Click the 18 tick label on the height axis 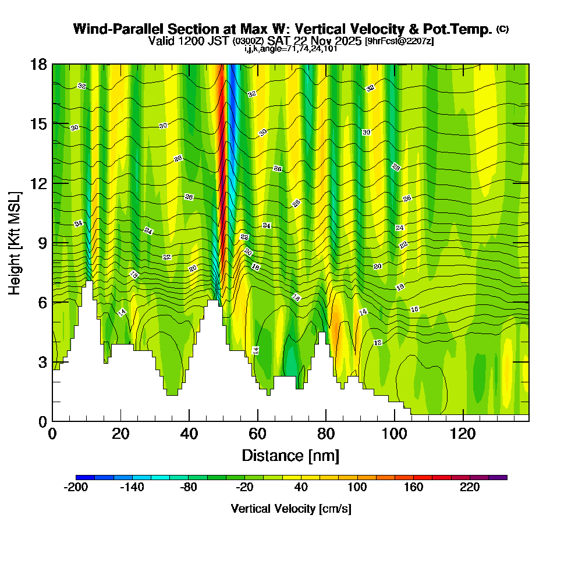[x=38, y=64]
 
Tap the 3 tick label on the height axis [x=41, y=362]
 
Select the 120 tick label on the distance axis [x=463, y=434]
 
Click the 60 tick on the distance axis [x=257, y=421]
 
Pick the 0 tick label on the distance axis [x=52, y=434]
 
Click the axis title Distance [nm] [x=290, y=455]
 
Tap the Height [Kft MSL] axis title [x=15, y=242]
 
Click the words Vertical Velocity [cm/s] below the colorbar [x=290, y=509]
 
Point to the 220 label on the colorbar [x=469, y=488]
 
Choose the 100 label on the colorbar [x=357, y=488]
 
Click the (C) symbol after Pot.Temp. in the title [x=502, y=29]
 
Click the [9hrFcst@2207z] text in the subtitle [x=399, y=41]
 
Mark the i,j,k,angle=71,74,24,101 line [x=290, y=49]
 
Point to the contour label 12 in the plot [x=378, y=342]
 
